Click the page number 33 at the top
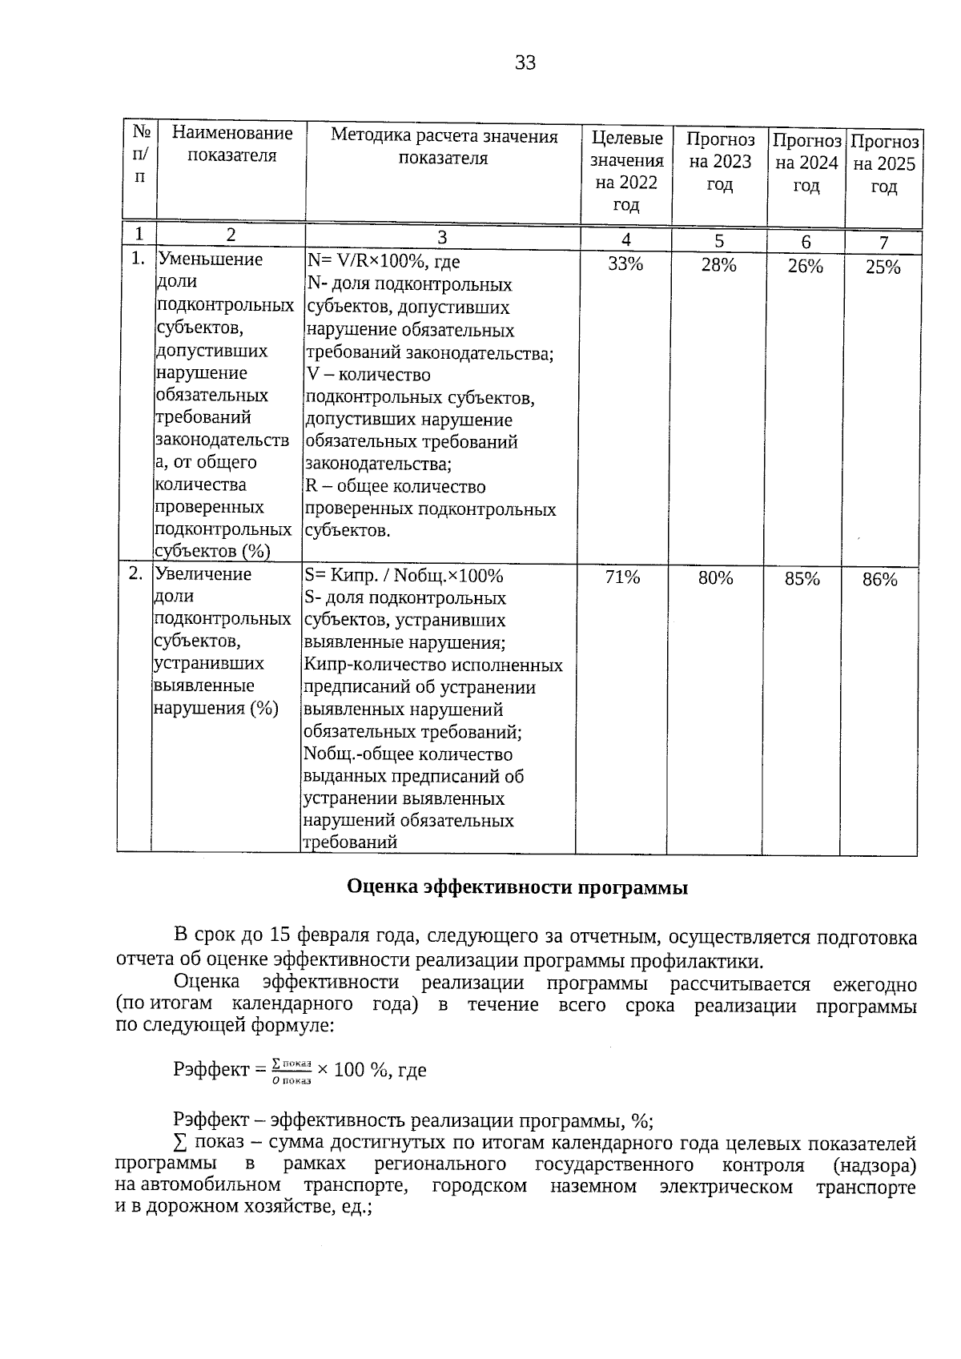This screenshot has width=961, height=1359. pos(525,63)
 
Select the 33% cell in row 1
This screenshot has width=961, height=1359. pos(625,264)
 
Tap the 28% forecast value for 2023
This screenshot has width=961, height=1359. pos(718,265)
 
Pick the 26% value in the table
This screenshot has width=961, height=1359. pos(805,267)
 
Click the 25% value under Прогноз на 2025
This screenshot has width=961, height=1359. pos(883,267)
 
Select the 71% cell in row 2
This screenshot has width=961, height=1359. pos(622,577)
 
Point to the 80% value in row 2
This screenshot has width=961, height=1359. pos(715,577)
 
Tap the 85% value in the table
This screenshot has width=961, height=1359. pos(802,578)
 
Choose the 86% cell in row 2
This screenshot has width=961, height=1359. pos(879,579)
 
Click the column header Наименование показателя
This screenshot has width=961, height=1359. pos(232,144)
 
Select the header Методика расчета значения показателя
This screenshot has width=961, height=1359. pos(444,147)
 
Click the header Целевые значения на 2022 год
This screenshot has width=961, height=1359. pos(626,171)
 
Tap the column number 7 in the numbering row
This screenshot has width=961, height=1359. pos(883,243)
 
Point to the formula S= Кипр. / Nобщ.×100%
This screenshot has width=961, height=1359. pos(403,576)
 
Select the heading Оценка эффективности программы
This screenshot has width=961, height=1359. pos(517,887)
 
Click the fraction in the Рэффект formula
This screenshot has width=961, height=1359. pos(291,1070)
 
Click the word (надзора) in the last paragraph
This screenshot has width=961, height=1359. pos(874,1164)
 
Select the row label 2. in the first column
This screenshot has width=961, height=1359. pos(136,573)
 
